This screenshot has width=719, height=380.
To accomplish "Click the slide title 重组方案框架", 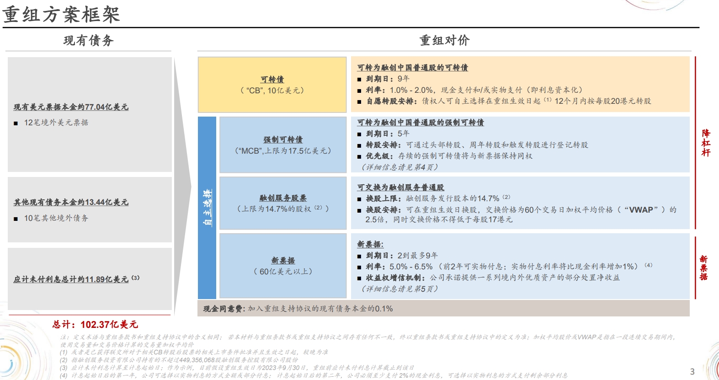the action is pos(61,15).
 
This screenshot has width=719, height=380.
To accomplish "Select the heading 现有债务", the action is pos(89,41).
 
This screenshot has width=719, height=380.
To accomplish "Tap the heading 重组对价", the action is pos(445,41).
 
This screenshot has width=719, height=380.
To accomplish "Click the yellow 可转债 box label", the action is pos(272,80).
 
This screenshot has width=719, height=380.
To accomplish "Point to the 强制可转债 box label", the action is pos(283,139).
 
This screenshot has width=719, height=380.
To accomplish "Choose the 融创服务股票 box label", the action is pos(283,198).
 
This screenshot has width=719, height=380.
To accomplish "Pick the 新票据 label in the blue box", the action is pos(283,260).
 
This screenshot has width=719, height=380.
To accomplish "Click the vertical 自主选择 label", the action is pos(208,208).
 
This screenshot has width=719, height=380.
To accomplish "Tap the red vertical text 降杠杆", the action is pos(706,143).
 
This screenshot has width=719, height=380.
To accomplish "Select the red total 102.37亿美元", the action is pos(109,324).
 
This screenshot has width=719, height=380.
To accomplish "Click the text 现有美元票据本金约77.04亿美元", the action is pos(71,107).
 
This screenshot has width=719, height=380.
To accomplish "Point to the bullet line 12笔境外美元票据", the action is pos(56,123).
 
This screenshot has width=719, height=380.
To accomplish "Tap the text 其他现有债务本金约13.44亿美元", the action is pos(71,202).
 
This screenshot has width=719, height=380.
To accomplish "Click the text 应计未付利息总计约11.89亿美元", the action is pos(71,279).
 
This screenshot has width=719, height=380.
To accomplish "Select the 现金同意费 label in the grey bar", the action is pos(224,309).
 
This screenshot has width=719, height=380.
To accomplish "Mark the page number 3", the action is pos(692,372).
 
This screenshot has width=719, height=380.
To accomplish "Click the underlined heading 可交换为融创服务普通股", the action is pos(400,187).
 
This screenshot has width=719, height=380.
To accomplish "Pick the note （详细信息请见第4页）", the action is pos(399,167).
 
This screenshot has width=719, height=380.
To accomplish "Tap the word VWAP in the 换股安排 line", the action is pos(641,210).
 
